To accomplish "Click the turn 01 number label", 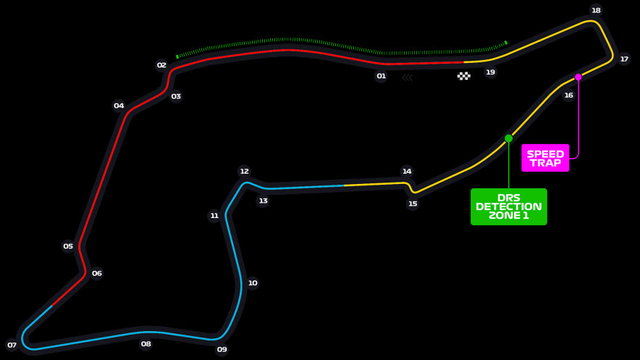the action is click(x=381, y=76).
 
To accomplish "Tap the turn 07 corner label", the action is click(x=12, y=346).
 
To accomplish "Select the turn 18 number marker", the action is click(x=596, y=10).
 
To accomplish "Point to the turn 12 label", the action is click(x=244, y=171).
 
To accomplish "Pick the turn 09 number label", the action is click(x=222, y=349).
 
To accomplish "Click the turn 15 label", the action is click(x=413, y=204).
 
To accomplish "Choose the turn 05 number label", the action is click(x=68, y=246).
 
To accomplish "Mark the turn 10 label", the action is click(x=253, y=282).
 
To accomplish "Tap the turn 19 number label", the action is click(x=490, y=72).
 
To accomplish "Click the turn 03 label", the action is click(x=176, y=96).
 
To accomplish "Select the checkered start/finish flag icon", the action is click(x=463, y=76).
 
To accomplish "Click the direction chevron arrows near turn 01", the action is click(x=408, y=78).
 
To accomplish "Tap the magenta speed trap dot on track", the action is click(x=578, y=77).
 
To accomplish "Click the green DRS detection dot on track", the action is click(x=508, y=138).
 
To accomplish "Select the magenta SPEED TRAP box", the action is click(x=545, y=158).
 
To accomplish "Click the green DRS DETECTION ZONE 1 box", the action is click(x=508, y=206).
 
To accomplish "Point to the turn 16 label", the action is click(x=568, y=95).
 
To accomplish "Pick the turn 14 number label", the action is click(x=407, y=171).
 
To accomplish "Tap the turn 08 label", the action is click(x=146, y=343).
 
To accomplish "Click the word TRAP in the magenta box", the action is click(x=545, y=163).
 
